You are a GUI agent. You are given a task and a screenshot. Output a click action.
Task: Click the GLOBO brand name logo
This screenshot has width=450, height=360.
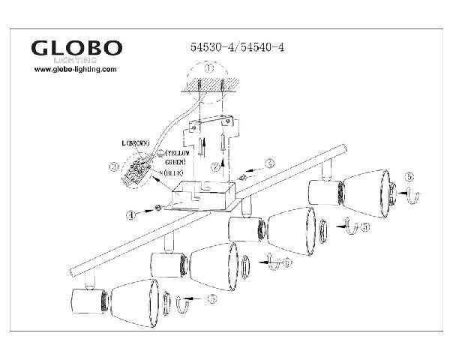coord(76,47)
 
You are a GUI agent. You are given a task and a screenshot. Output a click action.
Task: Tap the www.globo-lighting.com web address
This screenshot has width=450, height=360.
coord(76,69)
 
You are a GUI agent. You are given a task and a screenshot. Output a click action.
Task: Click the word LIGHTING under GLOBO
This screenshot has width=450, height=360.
coord(78,58)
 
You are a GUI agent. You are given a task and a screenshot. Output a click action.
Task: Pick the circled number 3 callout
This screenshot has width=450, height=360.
coord(112,166)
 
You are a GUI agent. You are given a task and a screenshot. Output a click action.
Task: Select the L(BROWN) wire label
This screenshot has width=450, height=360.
coord(136,143)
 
